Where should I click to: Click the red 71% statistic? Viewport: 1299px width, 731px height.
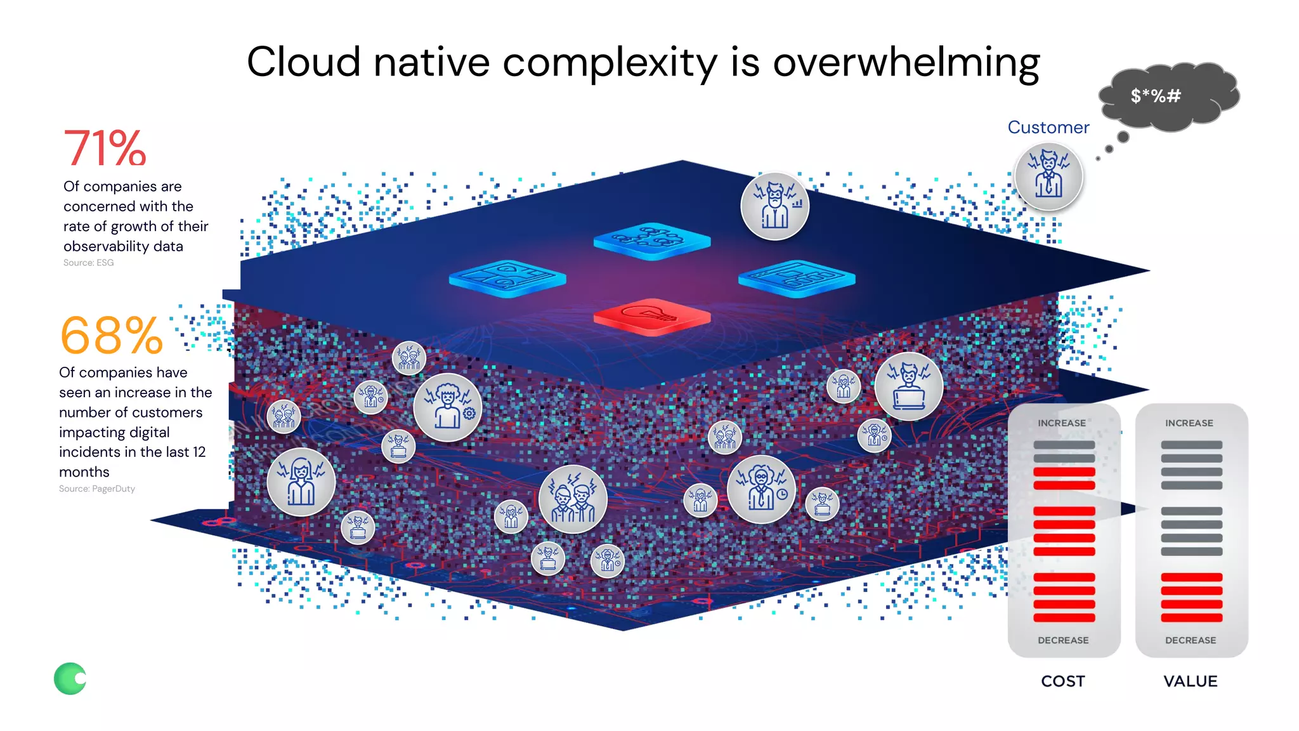pyautogui.click(x=105, y=148)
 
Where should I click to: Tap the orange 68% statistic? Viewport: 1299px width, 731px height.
pyautogui.click(x=112, y=335)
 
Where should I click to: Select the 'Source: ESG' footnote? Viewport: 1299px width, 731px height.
pyautogui.click(x=89, y=263)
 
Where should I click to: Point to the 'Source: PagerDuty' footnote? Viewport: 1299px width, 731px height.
pyautogui.click(x=97, y=489)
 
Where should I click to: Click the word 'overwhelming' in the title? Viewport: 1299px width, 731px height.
pyautogui.click(x=906, y=63)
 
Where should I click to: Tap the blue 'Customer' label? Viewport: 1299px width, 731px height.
pyautogui.click(x=1048, y=128)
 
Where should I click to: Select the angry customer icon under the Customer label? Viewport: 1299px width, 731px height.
pyautogui.click(x=1048, y=176)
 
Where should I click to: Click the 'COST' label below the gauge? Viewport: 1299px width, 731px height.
pyautogui.click(x=1063, y=682)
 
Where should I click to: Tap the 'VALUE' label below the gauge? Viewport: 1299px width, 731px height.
pyautogui.click(x=1191, y=682)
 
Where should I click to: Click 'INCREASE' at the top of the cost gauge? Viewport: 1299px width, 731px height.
pyautogui.click(x=1062, y=423)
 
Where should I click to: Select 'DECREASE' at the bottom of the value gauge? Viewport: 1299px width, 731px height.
pyautogui.click(x=1191, y=640)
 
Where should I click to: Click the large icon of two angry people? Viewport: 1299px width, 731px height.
pyautogui.click(x=573, y=499)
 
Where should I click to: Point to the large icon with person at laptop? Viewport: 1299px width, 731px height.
pyautogui.click(x=908, y=386)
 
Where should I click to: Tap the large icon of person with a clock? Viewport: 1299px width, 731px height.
pyautogui.click(x=761, y=489)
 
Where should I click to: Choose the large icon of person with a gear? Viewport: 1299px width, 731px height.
pyautogui.click(x=448, y=407)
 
